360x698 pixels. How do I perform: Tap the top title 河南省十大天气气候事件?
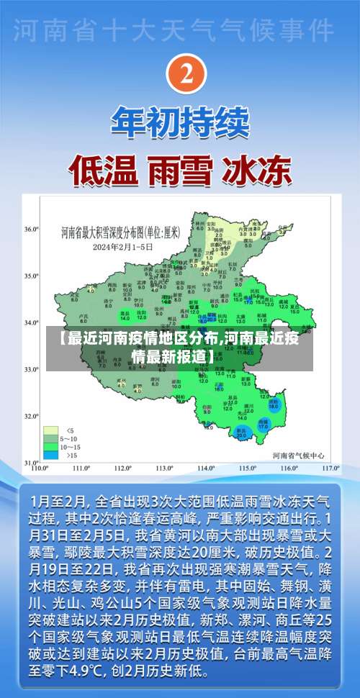(x=176, y=32)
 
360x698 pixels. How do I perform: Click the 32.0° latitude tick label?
(x=31, y=416)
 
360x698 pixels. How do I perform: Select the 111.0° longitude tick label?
(x=80, y=468)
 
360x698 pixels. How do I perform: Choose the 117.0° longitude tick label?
(x=330, y=468)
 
